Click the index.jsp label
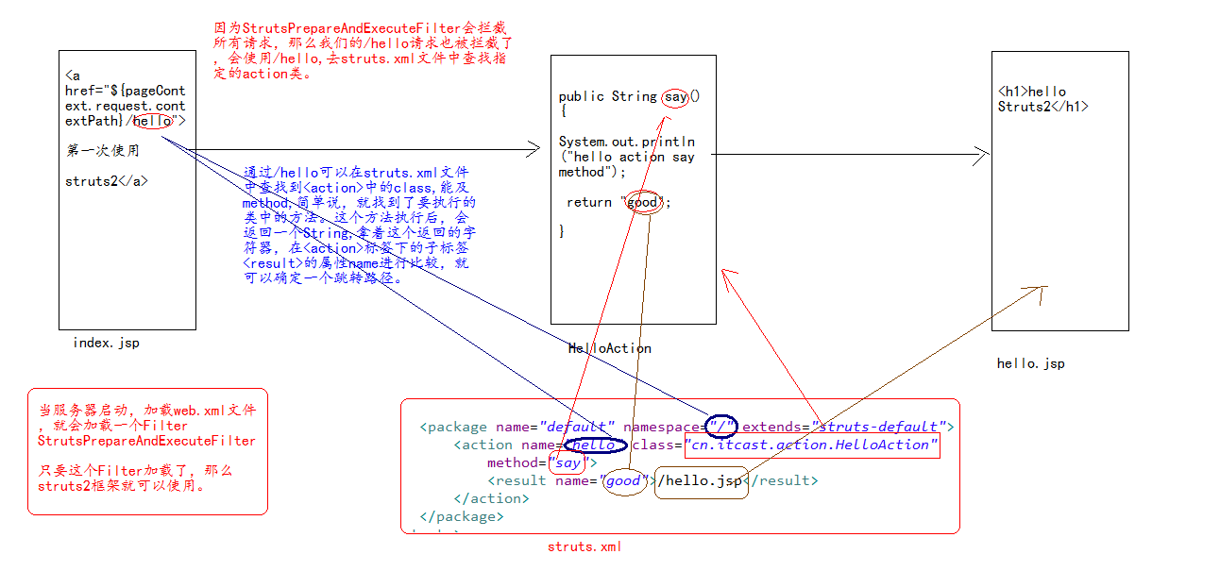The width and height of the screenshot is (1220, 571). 106,343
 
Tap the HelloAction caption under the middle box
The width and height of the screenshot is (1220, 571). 609,348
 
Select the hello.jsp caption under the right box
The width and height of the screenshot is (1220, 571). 1030,363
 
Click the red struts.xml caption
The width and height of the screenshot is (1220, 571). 585,546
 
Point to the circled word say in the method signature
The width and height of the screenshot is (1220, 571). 675,96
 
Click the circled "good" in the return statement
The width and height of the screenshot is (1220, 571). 643,202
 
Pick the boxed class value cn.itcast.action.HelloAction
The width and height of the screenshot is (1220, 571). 811,445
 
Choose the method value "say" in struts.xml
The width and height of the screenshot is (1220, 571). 568,462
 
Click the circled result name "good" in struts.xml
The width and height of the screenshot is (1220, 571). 623,480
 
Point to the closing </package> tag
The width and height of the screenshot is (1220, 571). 462,516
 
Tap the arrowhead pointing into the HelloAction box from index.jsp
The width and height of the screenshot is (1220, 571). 532,149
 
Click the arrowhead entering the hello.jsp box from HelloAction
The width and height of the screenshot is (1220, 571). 985,154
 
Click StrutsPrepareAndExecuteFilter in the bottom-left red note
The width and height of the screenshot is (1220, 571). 146,441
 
